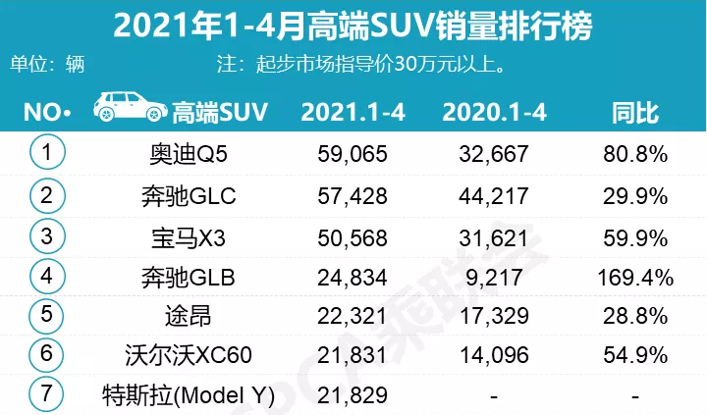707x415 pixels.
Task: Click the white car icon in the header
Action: pyautogui.click(x=130, y=107)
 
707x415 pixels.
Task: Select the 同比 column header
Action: pyautogui.click(x=635, y=111)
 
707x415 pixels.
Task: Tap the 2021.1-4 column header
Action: pyautogui.click(x=353, y=111)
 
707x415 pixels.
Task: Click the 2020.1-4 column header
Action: pyautogui.click(x=494, y=111)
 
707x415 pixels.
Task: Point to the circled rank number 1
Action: pyautogui.click(x=46, y=153)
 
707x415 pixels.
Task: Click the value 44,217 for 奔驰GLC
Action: pyautogui.click(x=494, y=194)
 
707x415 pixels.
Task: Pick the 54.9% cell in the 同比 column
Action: pyautogui.click(x=635, y=355)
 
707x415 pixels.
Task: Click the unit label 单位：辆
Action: pyautogui.click(x=48, y=66)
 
